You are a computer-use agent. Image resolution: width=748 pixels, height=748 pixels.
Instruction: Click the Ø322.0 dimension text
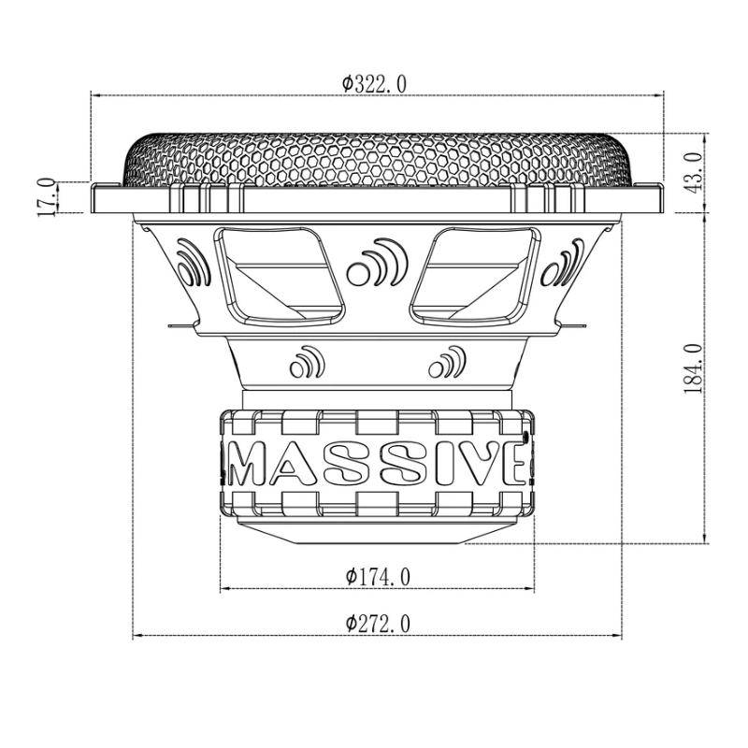[x=373, y=83]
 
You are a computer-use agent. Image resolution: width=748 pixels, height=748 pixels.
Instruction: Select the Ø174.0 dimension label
[x=377, y=577]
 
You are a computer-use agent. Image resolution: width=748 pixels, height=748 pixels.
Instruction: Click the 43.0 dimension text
[x=693, y=172]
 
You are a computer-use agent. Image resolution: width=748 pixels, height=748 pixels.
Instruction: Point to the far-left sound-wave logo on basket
[x=191, y=263]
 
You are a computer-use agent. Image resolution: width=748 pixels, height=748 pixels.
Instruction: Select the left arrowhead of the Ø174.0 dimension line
[x=224, y=589]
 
